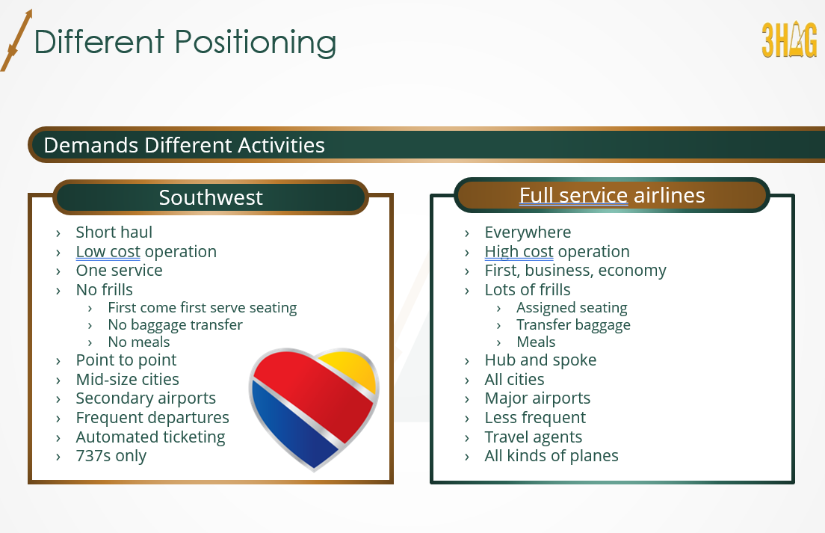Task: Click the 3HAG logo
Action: [789, 40]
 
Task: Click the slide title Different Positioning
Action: [185, 42]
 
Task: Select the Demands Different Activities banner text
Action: [184, 145]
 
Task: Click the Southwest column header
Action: [211, 197]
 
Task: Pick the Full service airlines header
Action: [612, 195]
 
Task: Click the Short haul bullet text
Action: [114, 232]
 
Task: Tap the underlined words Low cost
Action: [108, 251]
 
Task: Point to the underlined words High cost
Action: [519, 251]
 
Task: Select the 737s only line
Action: [111, 456]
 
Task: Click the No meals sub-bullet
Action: [139, 342]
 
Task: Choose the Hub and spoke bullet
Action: [540, 360]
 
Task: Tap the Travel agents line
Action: [533, 437]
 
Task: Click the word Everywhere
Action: [528, 232]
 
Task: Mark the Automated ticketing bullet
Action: [150, 437]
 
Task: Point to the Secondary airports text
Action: [146, 398]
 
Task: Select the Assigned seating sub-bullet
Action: [572, 308]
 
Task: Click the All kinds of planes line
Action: [551, 456]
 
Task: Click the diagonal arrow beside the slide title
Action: [16, 40]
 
